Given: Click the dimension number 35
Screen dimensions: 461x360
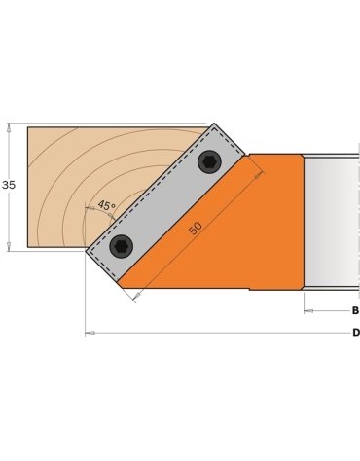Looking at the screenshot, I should [9, 185].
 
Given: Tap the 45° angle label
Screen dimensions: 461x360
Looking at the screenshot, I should [106, 206].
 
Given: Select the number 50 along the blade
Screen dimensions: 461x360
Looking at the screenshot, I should [196, 227].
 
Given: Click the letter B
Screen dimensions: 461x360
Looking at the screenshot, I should [355, 311].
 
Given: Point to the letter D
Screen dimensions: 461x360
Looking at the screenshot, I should [355, 333].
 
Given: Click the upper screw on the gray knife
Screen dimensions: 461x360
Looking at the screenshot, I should [208, 163].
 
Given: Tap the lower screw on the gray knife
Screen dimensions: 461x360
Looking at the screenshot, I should [121, 247].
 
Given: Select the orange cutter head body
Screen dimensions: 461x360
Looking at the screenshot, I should [224, 243].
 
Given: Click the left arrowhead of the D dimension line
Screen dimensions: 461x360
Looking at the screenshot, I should [90, 333].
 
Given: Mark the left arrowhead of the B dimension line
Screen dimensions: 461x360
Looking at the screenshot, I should [308, 311].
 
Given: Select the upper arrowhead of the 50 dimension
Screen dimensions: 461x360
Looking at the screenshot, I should [259, 175].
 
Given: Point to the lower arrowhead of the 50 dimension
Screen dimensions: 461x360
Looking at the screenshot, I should [136, 295].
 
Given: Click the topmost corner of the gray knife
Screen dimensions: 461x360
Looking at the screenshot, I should [213, 123].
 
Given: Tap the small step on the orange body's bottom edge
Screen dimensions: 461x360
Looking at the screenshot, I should [249, 289].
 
